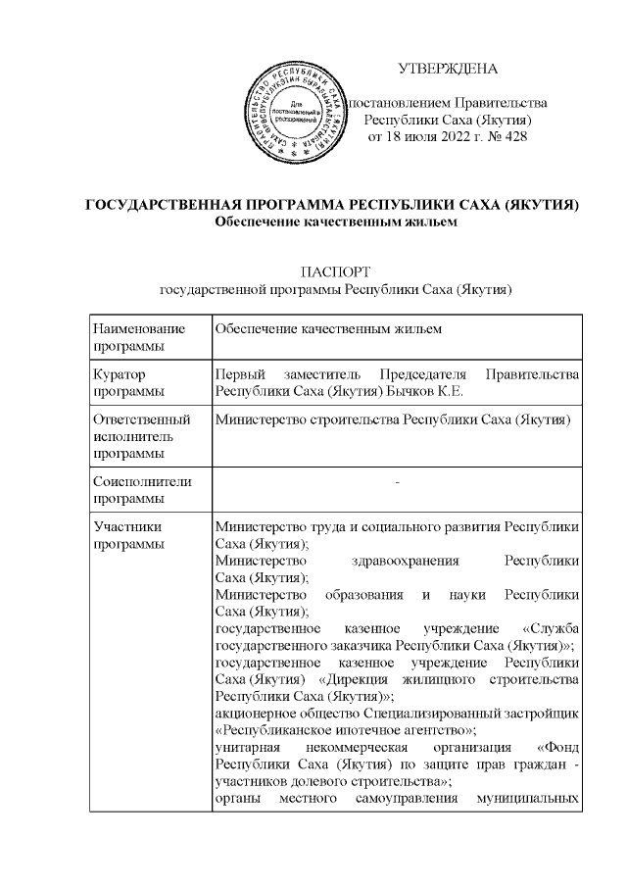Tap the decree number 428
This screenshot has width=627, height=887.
point(515,136)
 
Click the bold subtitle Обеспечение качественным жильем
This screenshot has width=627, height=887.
point(336,222)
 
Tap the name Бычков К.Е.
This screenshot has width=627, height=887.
point(437,393)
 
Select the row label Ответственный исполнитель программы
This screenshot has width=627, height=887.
point(138,437)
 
